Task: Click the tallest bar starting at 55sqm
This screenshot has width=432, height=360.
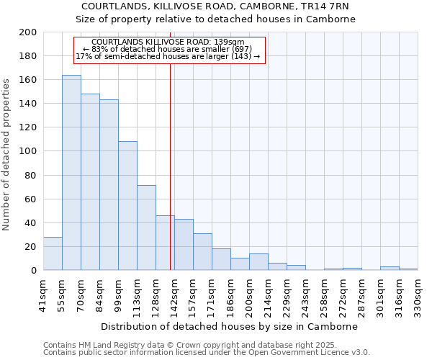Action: (x=71, y=173)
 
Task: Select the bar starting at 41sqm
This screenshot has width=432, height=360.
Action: (x=53, y=253)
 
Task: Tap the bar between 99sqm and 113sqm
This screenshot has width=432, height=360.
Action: (x=127, y=206)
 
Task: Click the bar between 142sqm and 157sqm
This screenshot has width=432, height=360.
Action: (x=184, y=245)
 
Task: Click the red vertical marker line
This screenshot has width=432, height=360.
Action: (x=170, y=158)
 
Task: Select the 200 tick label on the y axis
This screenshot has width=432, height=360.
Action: (x=28, y=32)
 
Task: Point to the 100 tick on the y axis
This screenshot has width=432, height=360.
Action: (x=28, y=151)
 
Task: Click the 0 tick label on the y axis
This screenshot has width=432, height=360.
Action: (x=34, y=271)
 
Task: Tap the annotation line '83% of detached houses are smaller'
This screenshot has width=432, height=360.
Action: (x=170, y=50)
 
